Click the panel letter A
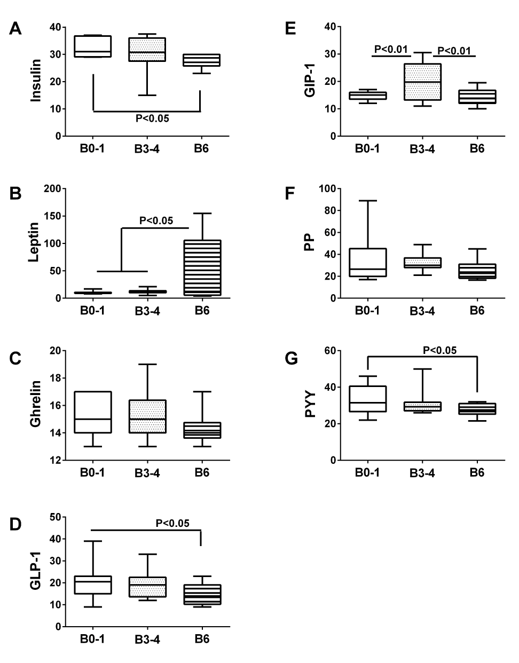[16, 28]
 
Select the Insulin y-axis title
[36, 81]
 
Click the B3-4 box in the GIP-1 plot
[422, 82]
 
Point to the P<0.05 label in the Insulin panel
[152, 119]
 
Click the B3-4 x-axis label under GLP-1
[147, 640]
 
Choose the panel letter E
[291, 28]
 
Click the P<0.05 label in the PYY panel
[439, 350]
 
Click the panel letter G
[292, 359]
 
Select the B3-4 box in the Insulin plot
[147, 50]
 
